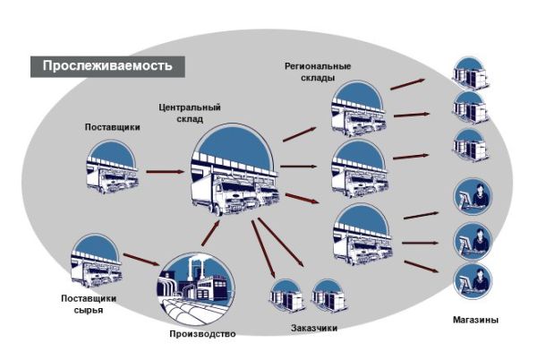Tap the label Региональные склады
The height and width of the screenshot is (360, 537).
(x=318, y=72)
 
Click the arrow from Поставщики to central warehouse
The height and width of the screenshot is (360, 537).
(x=164, y=170)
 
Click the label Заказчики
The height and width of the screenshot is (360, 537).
(x=313, y=328)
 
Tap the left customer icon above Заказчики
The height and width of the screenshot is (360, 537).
(x=284, y=296)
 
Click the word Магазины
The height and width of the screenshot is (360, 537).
(x=475, y=320)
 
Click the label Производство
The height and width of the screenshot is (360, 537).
(x=202, y=335)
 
